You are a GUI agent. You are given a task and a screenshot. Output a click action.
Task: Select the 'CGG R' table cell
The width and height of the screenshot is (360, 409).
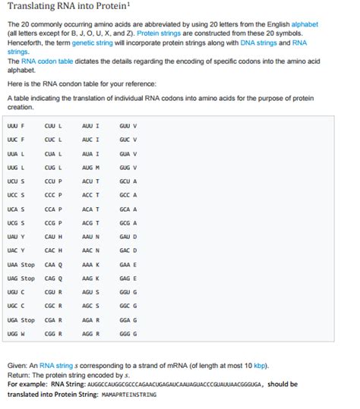(x=53, y=333)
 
